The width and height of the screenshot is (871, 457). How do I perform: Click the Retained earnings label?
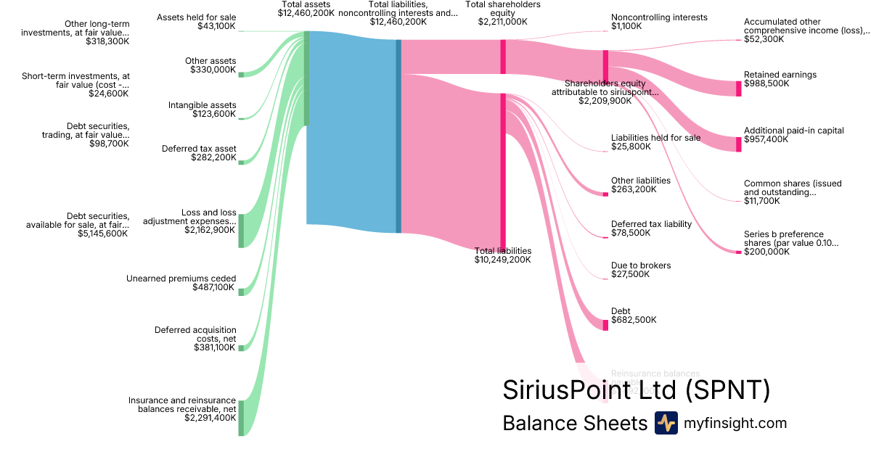coord(780,75)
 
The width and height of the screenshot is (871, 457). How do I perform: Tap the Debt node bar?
coord(605,324)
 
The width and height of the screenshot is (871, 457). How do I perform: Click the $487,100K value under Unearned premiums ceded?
coord(214,287)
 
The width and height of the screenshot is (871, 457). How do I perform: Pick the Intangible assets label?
coord(202,105)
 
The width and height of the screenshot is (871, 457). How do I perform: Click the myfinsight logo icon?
coord(666,423)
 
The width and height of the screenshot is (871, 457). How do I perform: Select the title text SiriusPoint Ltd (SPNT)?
coord(636,390)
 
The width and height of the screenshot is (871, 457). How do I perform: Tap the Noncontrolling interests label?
coord(659,17)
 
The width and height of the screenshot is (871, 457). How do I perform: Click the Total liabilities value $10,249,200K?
coord(502,259)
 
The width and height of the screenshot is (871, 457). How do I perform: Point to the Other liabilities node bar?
coord(605,194)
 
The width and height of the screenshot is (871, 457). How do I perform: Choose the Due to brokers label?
coord(641,265)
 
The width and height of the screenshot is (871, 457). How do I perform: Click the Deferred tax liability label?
coord(651,224)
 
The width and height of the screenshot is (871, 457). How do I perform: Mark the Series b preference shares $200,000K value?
coord(766,252)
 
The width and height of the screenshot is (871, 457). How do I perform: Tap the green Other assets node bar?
coord(241,74)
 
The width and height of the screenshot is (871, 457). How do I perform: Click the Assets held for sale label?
coord(196,17)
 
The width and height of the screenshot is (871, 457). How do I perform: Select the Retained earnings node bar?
coord(739,88)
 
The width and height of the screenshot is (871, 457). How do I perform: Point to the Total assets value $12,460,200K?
coord(306,13)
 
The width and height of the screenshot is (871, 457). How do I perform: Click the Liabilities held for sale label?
coord(655,138)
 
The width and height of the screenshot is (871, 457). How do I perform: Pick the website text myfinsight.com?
coord(735,423)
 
